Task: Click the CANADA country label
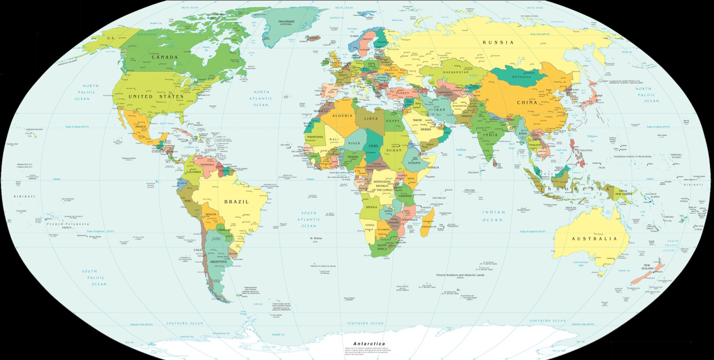click(x=165, y=58)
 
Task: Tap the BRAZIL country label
click(x=237, y=202)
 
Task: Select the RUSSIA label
click(x=498, y=43)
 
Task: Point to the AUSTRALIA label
click(x=594, y=239)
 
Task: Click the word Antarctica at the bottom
click(x=369, y=344)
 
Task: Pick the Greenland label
click(x=286, y=21)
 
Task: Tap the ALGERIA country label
click(x=342, y=116)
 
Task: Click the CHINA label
click(x=527, y=103)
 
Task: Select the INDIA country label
click(x=490, y=135)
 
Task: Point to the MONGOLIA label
click(x=521, y=77)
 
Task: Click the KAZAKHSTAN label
click(x=456, y=72)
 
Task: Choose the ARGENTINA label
click(x=219, y=262)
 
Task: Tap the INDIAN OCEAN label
click(x=493, y=216)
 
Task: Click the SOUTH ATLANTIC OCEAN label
click(x=309, y=219)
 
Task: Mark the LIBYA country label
click(x=371, y=119)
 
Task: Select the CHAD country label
click(x=373, y=146)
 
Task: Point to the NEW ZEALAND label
click(x=647, y=267)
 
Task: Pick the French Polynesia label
click(x=68, y=224)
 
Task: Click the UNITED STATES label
click(x=156, y=97)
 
